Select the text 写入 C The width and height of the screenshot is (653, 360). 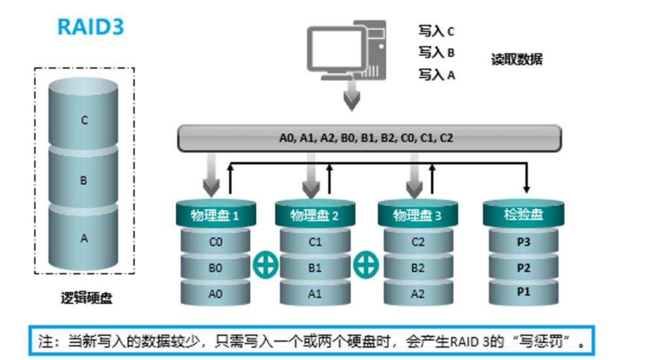tap(436, 31)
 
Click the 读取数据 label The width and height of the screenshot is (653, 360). tap(517, 59)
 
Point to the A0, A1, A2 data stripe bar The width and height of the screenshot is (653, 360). tap(369, 138)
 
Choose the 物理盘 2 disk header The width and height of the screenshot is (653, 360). tap(315, 214)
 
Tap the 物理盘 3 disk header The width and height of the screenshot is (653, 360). tap(418, 214)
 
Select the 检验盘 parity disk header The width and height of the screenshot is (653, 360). tap(523, 214)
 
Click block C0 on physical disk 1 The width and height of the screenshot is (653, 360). tap(215, 242)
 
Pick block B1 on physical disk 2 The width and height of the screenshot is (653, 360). tap(315, 267)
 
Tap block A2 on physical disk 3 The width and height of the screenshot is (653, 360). tap(418, 293)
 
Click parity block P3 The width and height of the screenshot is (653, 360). tap(523, 242)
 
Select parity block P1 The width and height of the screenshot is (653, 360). tap(523, 292)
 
